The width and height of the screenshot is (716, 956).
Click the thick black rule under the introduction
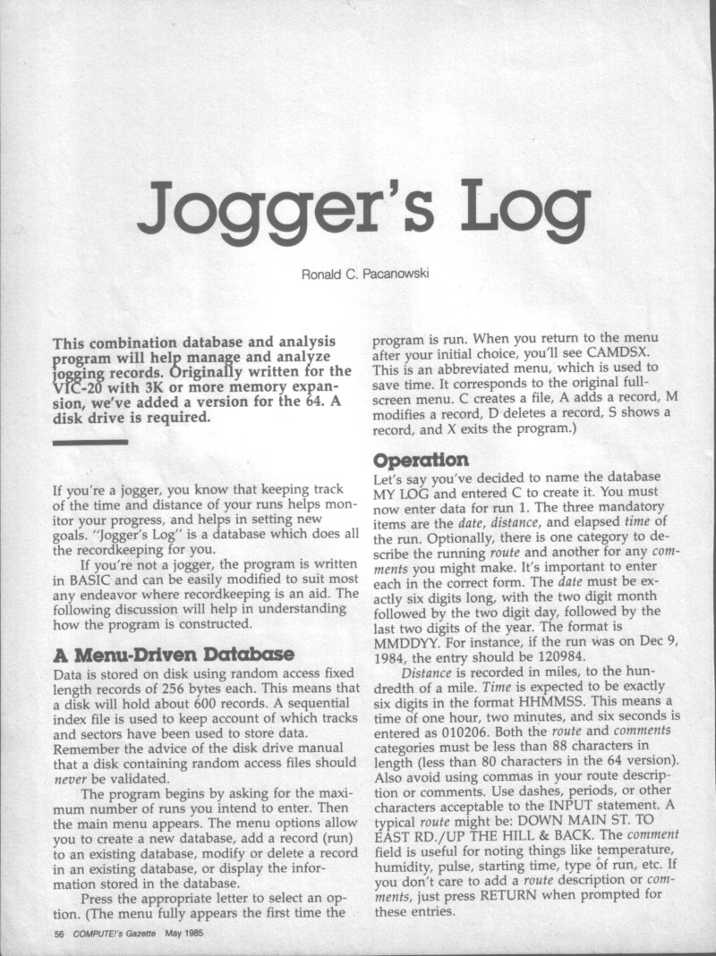[x=90, y=443]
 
